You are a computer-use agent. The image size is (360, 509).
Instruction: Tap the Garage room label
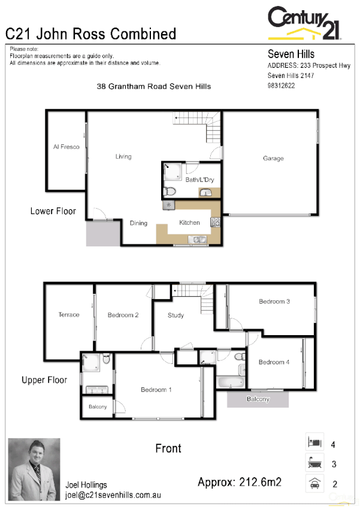point(273,158)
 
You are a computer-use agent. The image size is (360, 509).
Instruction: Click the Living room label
point(123,156)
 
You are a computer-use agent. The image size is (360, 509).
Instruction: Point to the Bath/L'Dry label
point(197,179)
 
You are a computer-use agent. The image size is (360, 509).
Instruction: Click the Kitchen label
point(189,222)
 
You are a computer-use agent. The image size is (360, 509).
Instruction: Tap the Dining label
point(138,223)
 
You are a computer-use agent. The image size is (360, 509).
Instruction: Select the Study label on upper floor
point(176,315)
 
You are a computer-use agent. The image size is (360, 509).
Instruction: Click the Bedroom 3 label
point(274,302)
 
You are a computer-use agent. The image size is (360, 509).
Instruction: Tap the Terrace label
point(69,315)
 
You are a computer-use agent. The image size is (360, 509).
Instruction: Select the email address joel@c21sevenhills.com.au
point(113,496)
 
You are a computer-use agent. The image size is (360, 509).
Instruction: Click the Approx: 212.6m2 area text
point(240,481)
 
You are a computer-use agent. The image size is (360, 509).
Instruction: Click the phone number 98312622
point(281,86)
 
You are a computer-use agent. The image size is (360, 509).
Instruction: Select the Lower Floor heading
point(53,211)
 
